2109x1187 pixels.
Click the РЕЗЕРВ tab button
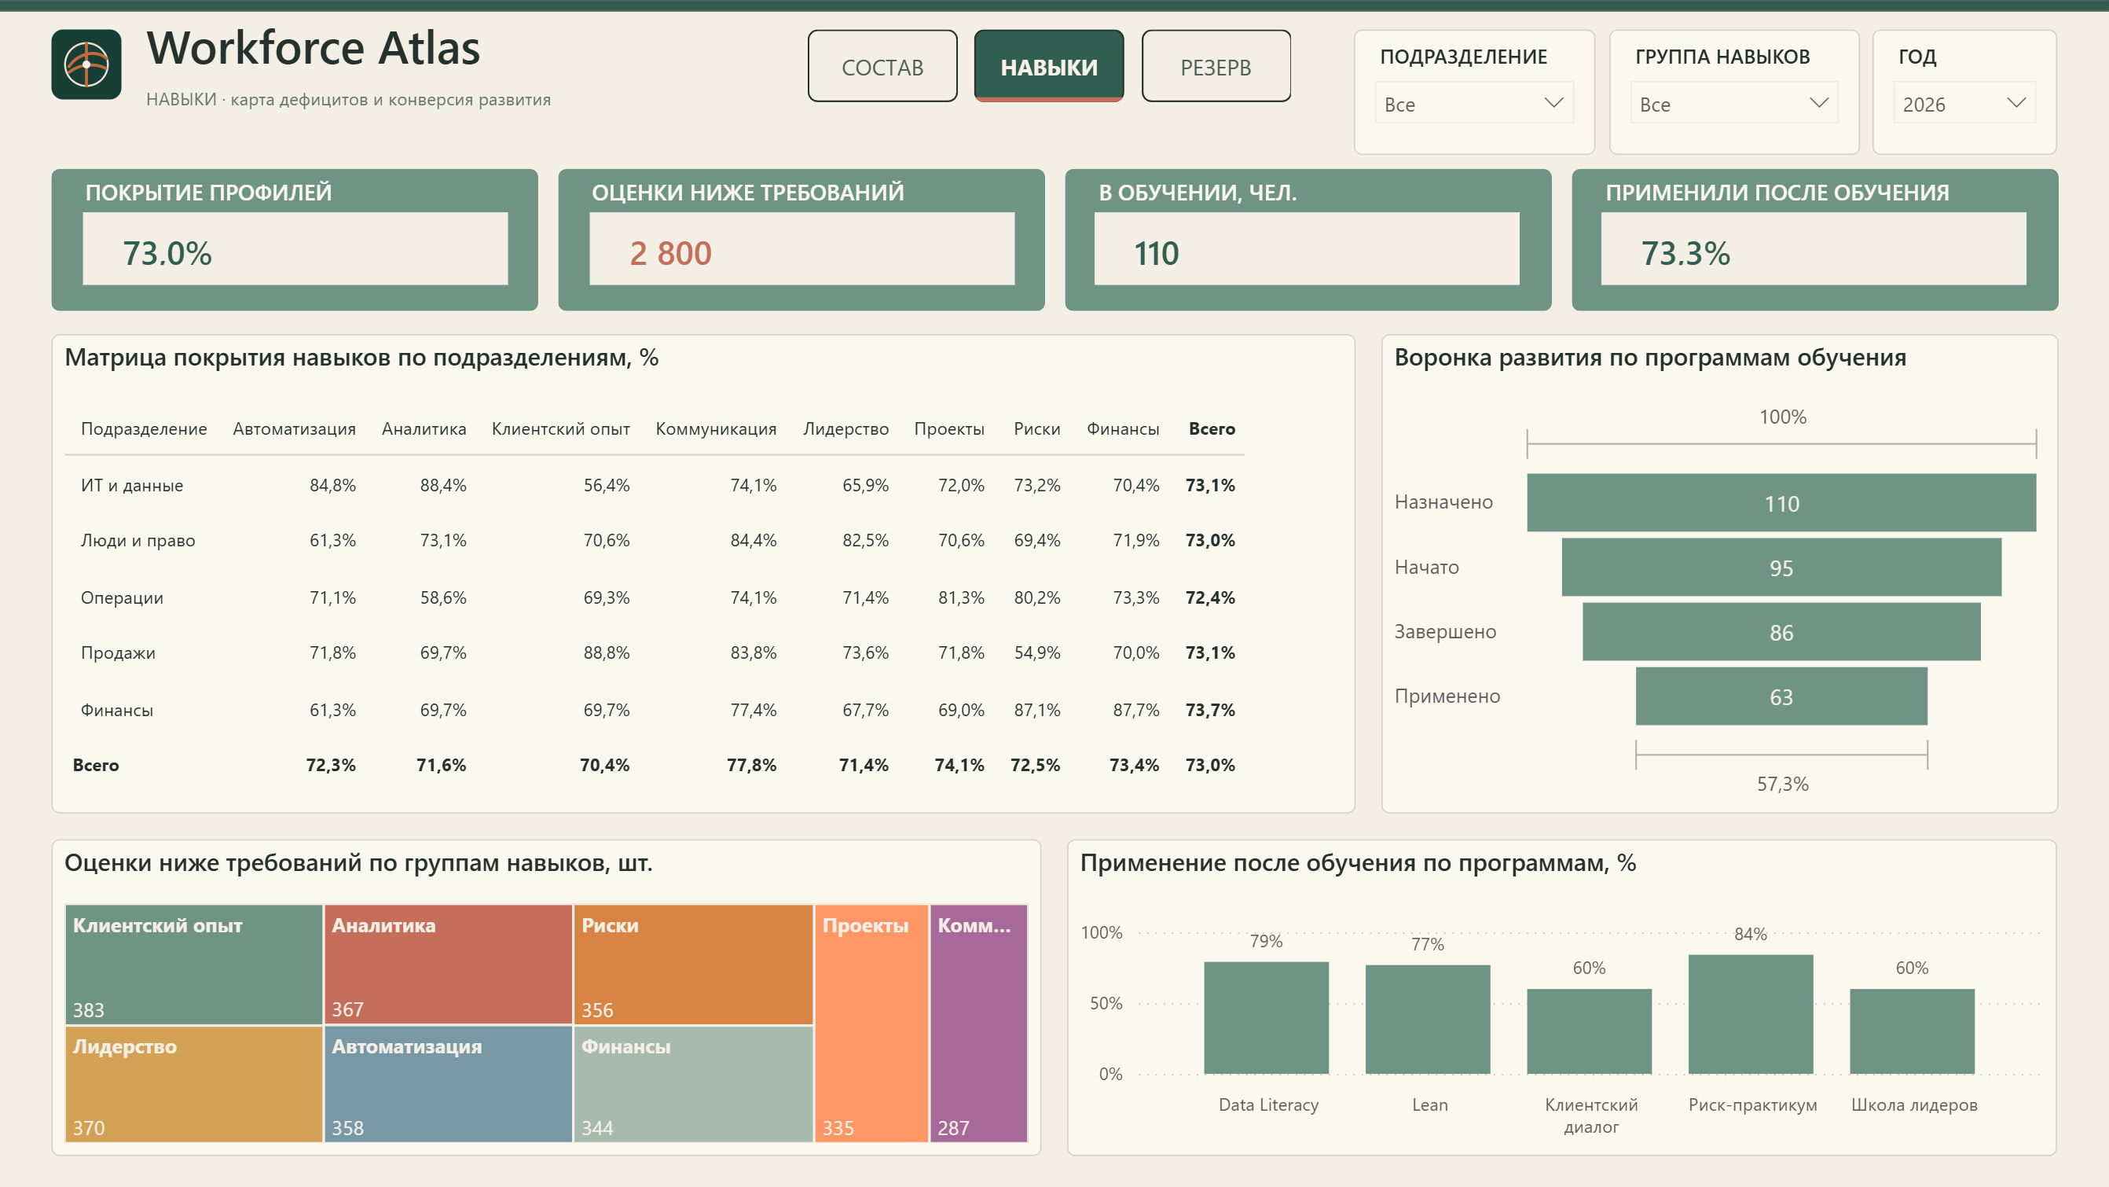(x=1216, y=66)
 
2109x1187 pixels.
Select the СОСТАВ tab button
(x=882, y=66)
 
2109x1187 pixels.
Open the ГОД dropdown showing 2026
(x=1964, y=103)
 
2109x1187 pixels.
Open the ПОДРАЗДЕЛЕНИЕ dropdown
(x=1473, y=103)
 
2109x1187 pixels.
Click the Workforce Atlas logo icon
(x=86, y=64)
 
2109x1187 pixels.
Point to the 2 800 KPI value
(x=670, y=253)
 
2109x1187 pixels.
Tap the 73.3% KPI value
(x=1685, y=253)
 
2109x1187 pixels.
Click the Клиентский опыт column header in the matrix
(x=561, y=429)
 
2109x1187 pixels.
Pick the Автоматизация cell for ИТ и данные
(x=332, y=485)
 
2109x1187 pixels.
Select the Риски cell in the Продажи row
(x=1036, y=653)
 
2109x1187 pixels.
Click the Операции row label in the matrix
(x=122, y=598)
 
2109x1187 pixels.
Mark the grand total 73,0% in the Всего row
(x=1210, y=765)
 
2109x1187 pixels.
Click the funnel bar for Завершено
(x=1781, y=631)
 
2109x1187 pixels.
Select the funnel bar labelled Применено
(x=1781, y=696)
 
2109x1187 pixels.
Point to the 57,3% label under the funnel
(x=1782, y=784)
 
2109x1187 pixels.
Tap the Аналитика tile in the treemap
(x=448, y=965)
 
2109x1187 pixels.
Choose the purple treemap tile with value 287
(x=978, y=1023)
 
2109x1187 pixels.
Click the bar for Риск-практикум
(x=1751, y=1014)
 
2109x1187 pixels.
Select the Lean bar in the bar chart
(x=1427, y=1019)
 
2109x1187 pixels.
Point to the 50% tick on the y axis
(x=1106, y=1004)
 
